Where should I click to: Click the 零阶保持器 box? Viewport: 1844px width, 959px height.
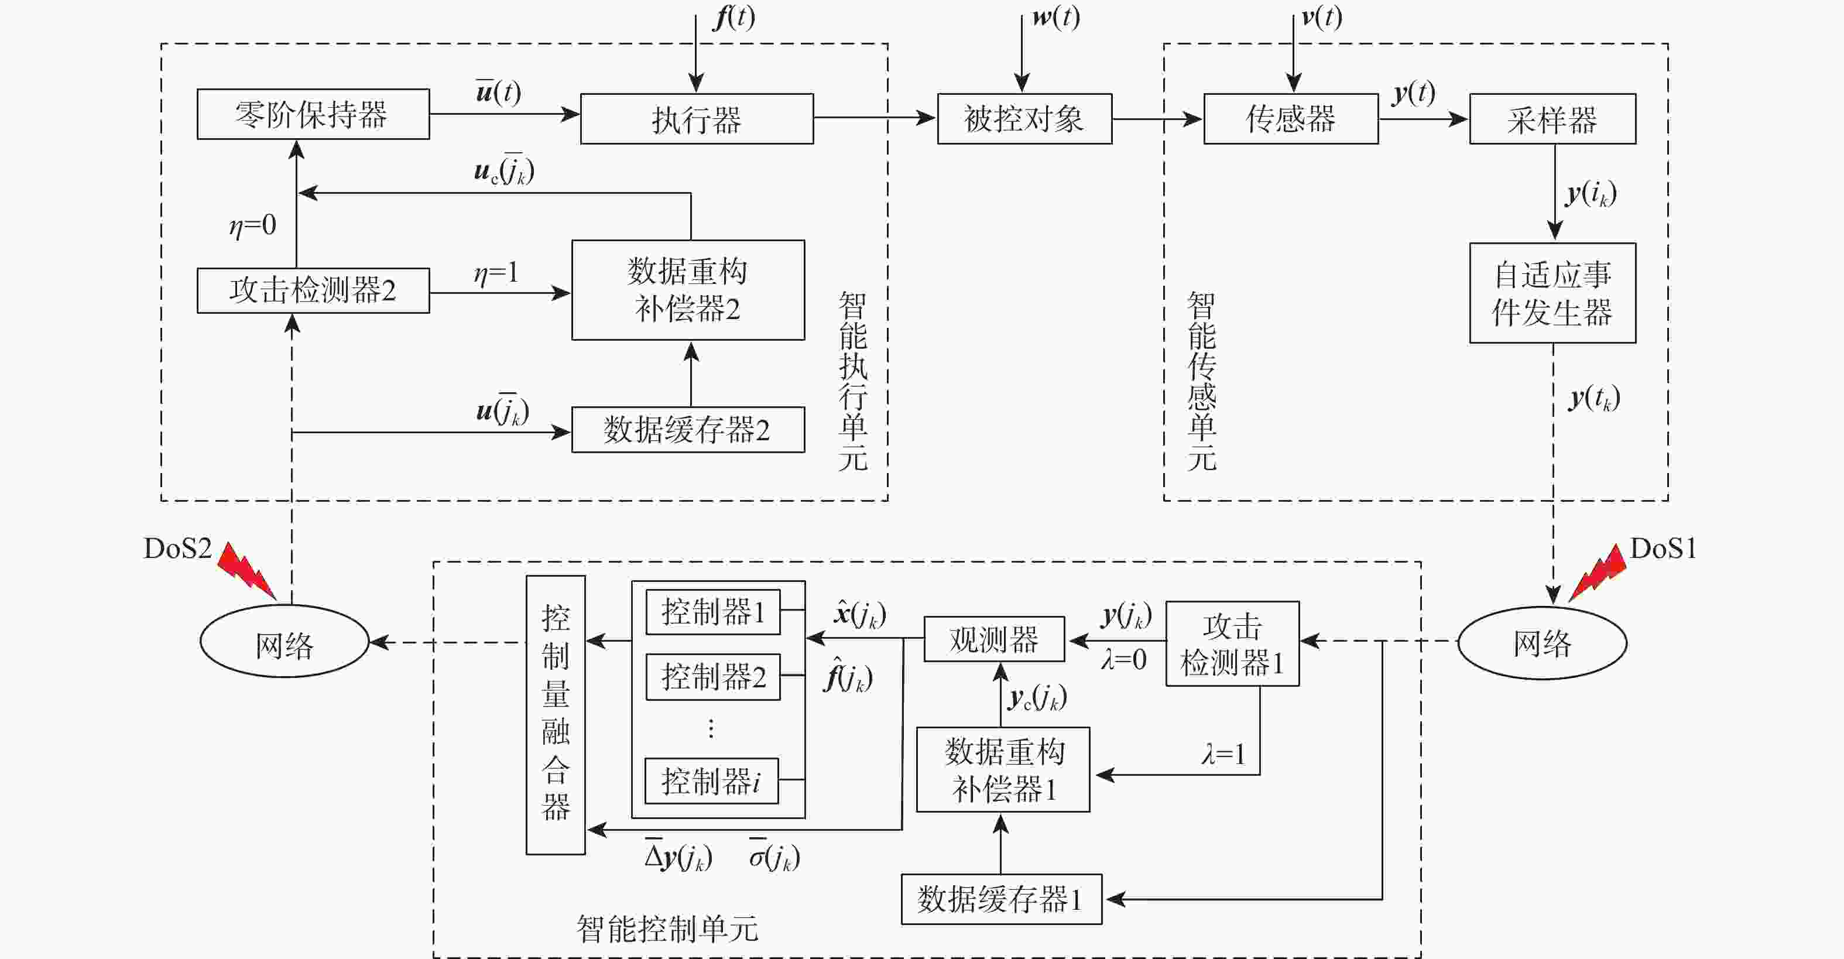click(x=313, y=114)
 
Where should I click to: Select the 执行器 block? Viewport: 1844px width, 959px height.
click(x=696, y=119)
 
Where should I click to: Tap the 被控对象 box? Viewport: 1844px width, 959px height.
click(x=1024, y=119)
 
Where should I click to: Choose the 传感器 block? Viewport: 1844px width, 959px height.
click(x=1291, y=119)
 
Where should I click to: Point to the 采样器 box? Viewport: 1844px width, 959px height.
click(x=1552, y=119)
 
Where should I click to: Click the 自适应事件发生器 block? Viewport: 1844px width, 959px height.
click(x=1552, y=293)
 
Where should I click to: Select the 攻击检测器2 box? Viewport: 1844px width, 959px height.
click(x=313, y=290)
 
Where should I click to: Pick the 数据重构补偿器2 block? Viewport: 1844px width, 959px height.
click(x=687, y=290)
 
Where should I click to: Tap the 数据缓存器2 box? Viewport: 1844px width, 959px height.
click(x=687, y=429)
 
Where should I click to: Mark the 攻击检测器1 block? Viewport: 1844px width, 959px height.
click(x=1232, y=643)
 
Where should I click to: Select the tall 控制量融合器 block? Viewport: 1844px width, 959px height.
click(x=556, y=714)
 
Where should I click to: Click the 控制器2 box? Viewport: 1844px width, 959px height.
click(x=712, y=676)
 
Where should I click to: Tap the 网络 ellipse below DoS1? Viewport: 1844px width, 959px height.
click(x=1542, y=643)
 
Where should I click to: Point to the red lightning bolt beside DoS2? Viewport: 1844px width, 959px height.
click(x=245, y=569)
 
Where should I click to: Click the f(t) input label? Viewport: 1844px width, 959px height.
click(x=734, y=17)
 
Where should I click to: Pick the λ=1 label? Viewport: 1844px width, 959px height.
click(x=1223, y=754)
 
